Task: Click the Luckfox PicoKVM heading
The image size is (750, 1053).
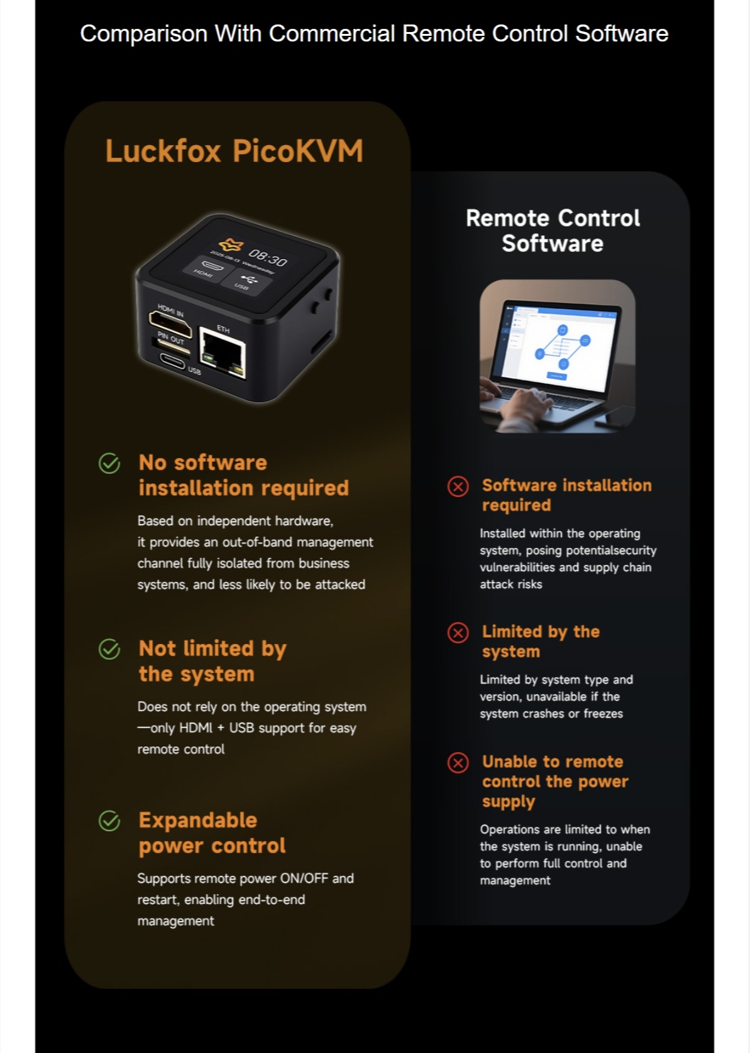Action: [x=234, y=151]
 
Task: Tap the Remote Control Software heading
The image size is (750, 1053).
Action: [x=553, y=231]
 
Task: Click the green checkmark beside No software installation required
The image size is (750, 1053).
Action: [x=109, y=463]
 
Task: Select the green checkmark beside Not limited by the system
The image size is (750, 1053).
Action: [x=109, y=649]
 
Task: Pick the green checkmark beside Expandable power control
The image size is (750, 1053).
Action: [x=109, y=821]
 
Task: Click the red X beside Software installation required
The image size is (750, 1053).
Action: [x=458, y=486]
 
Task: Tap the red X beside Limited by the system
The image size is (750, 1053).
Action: [x=458, y=633]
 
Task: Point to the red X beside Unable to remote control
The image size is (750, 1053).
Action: [x=458, y=763]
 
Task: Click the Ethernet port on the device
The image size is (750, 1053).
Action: [x=223, y=352]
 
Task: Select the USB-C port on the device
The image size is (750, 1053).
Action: [x=172, y=361]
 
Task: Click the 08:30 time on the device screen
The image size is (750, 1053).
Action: [x=267, y=258]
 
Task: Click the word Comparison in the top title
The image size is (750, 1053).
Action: [x=144, y=35]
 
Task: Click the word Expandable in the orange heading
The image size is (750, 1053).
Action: [x=198, y=821]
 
